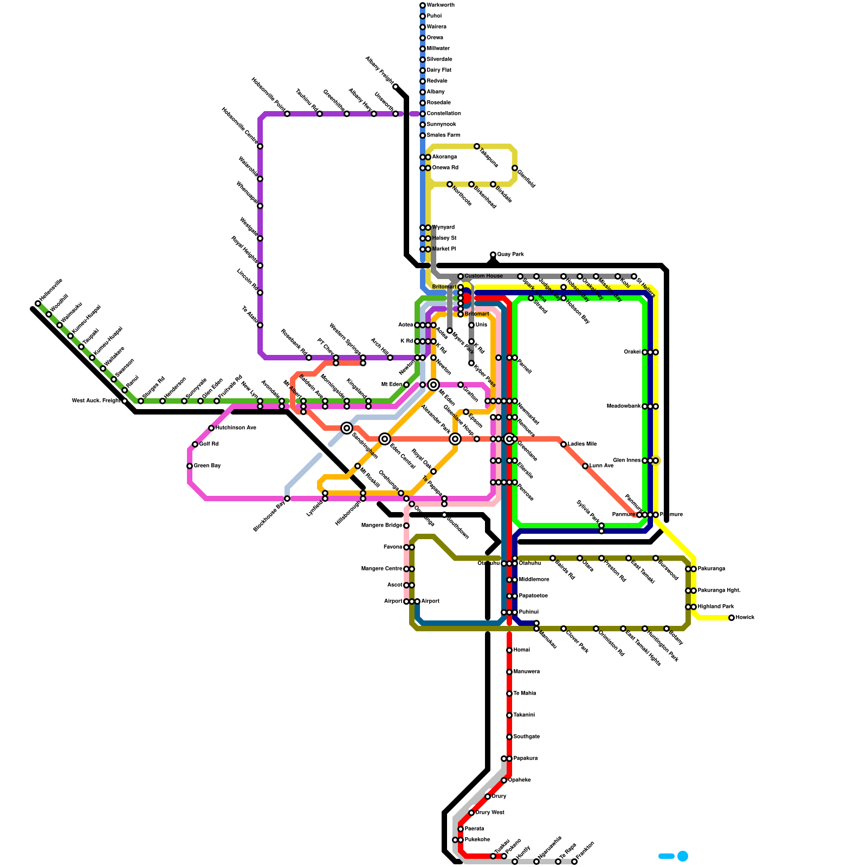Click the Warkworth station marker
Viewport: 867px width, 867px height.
(423, 5)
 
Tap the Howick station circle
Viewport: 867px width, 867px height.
(732, 618)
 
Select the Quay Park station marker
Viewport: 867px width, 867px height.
(493, 255)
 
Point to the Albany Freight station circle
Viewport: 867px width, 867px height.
(396, 87)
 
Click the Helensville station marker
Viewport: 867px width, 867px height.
(38, 303)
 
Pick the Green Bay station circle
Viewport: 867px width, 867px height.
(190, 466)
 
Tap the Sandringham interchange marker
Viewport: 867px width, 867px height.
(347, 428)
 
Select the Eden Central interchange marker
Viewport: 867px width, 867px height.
(385, 439)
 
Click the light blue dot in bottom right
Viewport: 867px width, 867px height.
(683, 856)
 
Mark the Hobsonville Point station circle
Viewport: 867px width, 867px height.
(287, 114)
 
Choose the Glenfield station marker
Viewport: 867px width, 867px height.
(515, 168)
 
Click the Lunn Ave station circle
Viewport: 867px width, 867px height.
(585, 466)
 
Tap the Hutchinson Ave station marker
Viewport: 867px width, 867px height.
(211, 428)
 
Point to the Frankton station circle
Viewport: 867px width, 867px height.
(574, 862)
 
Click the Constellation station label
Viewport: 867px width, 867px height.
(444, 114)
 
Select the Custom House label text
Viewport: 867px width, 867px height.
(484, 276)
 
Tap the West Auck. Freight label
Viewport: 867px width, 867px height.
(96, 401)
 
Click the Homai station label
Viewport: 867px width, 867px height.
(522, 650)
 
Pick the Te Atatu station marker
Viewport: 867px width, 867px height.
(260, 325)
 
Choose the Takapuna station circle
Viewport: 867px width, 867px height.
(477, 146)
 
